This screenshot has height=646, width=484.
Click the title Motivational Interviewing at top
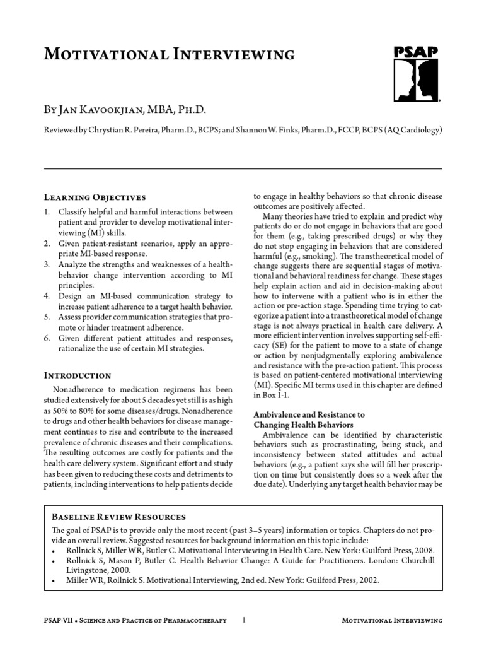point(169,54)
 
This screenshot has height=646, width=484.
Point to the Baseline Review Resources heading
point(118,517)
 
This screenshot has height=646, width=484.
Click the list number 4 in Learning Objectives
point(47,296)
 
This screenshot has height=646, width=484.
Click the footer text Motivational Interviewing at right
point(391,621)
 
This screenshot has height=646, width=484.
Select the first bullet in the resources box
point(50,549)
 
